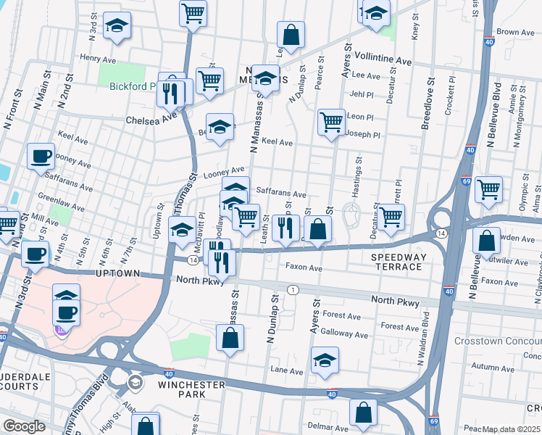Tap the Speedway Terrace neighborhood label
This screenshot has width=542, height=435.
[396, 262]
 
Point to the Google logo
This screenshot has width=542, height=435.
[24, 426]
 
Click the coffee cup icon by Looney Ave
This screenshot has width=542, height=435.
[41, 155]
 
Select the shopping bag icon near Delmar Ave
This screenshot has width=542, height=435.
[363, 411]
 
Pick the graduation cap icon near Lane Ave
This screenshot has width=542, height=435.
[325, 359]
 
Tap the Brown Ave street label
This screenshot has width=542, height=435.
[515, 33]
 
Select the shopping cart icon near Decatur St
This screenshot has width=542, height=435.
[391, 216]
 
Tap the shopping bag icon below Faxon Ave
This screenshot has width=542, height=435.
[230, 337]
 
